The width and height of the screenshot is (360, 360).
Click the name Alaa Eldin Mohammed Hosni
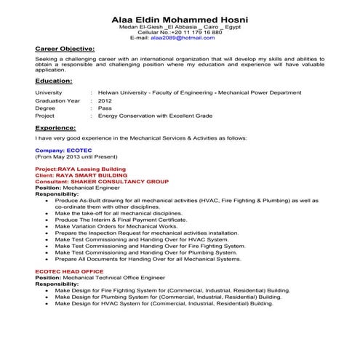pyautogui.click(x=180, y=18)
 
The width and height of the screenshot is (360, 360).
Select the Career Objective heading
pyautogui.click(x=64, y=49)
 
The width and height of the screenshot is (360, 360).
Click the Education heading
pyautogui.click(x=53, y=82)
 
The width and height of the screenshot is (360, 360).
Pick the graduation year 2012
pyautogui.click(x=105, y=100)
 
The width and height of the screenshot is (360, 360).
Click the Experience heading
pyautogui.click(x=55, y=127)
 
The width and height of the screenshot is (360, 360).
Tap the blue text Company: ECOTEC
pyautogui.click(x=58, y=148)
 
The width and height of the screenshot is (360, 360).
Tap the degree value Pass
pyautogui.click(x=105, y=108)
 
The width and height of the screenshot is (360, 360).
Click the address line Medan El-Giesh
pyautogui.click(x=180, y=28)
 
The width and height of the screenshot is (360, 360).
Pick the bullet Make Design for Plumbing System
pyautogui.click(x=167, y=297)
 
